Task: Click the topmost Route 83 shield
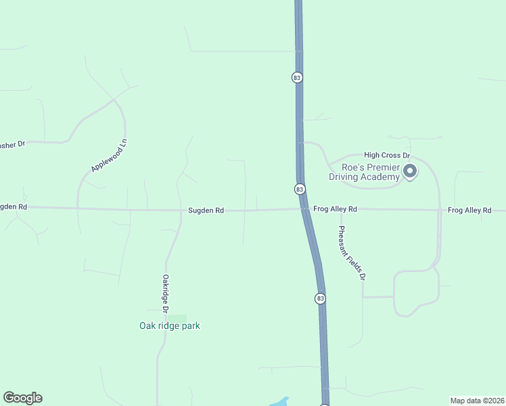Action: click(297, 77)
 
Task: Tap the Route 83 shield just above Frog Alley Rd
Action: click(300, 189)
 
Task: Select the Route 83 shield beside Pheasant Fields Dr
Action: click(320, 298)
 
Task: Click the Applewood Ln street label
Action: click(109, 156)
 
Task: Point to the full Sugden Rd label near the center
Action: click(206, 211)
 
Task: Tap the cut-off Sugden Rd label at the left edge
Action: click(13, 206)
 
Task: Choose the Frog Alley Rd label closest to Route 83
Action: click(335, 210)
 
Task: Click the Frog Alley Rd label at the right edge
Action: click(469, 211)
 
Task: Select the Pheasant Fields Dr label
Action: click(352, 252)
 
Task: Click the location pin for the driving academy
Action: click(410, 172)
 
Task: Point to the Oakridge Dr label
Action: click(164, 293)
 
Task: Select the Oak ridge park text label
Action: click(170, 326)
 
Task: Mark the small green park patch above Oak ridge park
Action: click(177, 318)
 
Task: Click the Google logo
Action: click(22, 398)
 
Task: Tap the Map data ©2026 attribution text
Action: click(477, 401)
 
